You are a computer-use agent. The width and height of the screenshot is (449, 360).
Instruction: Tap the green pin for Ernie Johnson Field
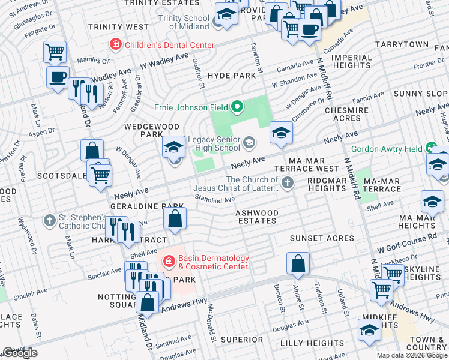237,108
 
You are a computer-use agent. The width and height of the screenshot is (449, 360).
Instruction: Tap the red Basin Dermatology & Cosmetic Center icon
169,262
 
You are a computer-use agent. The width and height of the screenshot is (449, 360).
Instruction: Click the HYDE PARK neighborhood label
231,76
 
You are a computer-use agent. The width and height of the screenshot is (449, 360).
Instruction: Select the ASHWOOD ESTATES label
256,217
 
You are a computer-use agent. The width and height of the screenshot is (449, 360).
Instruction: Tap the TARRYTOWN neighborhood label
402,45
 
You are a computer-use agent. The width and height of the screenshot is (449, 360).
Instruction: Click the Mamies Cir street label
89,61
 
